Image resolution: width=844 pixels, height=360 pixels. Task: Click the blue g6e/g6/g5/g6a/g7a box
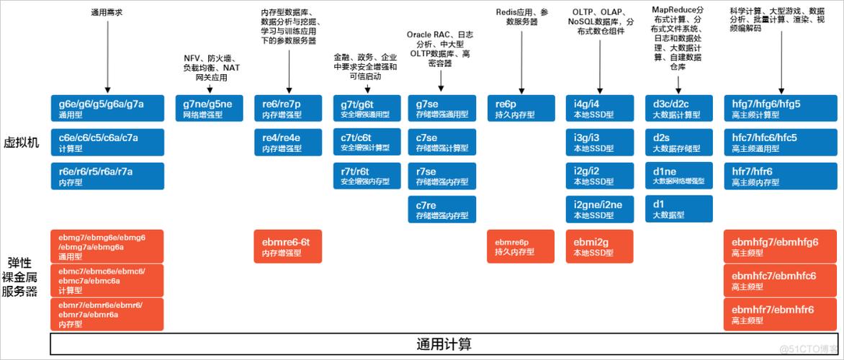click(x=107, y=108)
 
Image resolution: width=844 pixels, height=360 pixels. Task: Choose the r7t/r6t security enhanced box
click(x=366, y=175)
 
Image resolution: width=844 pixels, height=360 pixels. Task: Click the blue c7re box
click(x=441, y=210)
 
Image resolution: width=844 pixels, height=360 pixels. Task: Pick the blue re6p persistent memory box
click(x=521, y=108)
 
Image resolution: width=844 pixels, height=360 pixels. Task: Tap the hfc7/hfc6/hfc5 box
click(x=779, y=142)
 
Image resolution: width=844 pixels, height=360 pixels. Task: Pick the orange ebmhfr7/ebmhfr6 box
click(x=779, y=314)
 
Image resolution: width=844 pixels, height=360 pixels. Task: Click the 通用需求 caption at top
click(x=107, y=12)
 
